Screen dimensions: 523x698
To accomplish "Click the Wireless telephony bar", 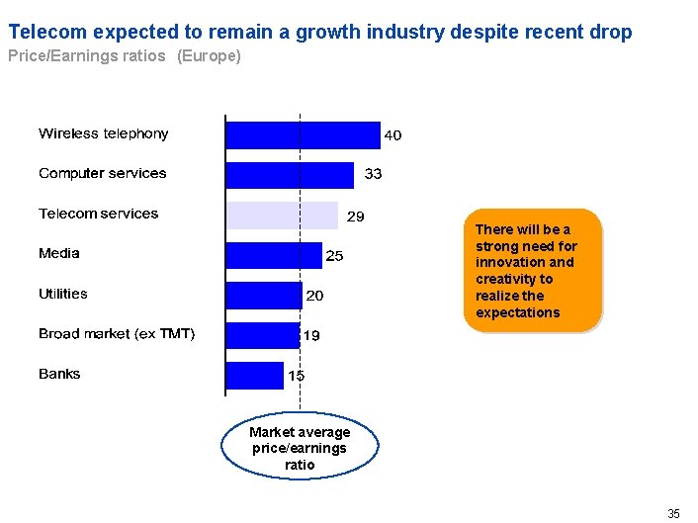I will [x=303, y=134].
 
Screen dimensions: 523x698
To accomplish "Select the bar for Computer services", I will [x=290, y=175].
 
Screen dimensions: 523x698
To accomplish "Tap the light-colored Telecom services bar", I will [x=282, y=215].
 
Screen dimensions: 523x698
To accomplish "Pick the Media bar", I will [x=274, y=255].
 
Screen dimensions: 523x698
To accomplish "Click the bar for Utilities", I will [x=264, y=295].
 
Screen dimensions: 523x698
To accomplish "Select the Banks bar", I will [x=254, y=375].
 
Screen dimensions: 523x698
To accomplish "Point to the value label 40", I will [x=393, y=135].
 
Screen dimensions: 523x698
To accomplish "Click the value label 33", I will [x=374, y=174].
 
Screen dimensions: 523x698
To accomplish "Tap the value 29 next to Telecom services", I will [x=355, y=216].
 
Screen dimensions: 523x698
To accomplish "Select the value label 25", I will [x=334, y=256].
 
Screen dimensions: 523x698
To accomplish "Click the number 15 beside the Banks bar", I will [x=297, y=376].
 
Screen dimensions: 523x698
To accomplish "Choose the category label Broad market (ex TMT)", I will [x=117, y=334].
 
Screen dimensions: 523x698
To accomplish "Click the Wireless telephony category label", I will [x=104, y=133].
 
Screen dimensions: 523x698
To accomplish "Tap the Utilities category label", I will [x=63, y=294].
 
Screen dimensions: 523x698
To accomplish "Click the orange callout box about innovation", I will [x=532, y=271].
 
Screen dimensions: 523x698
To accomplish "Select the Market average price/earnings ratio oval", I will [x=300, y=448].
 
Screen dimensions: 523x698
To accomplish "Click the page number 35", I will [x=674, y=513].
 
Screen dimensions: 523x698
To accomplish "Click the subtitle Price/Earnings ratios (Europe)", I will [x=125, y=56].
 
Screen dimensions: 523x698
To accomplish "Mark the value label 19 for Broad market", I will [x=310, y=336].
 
